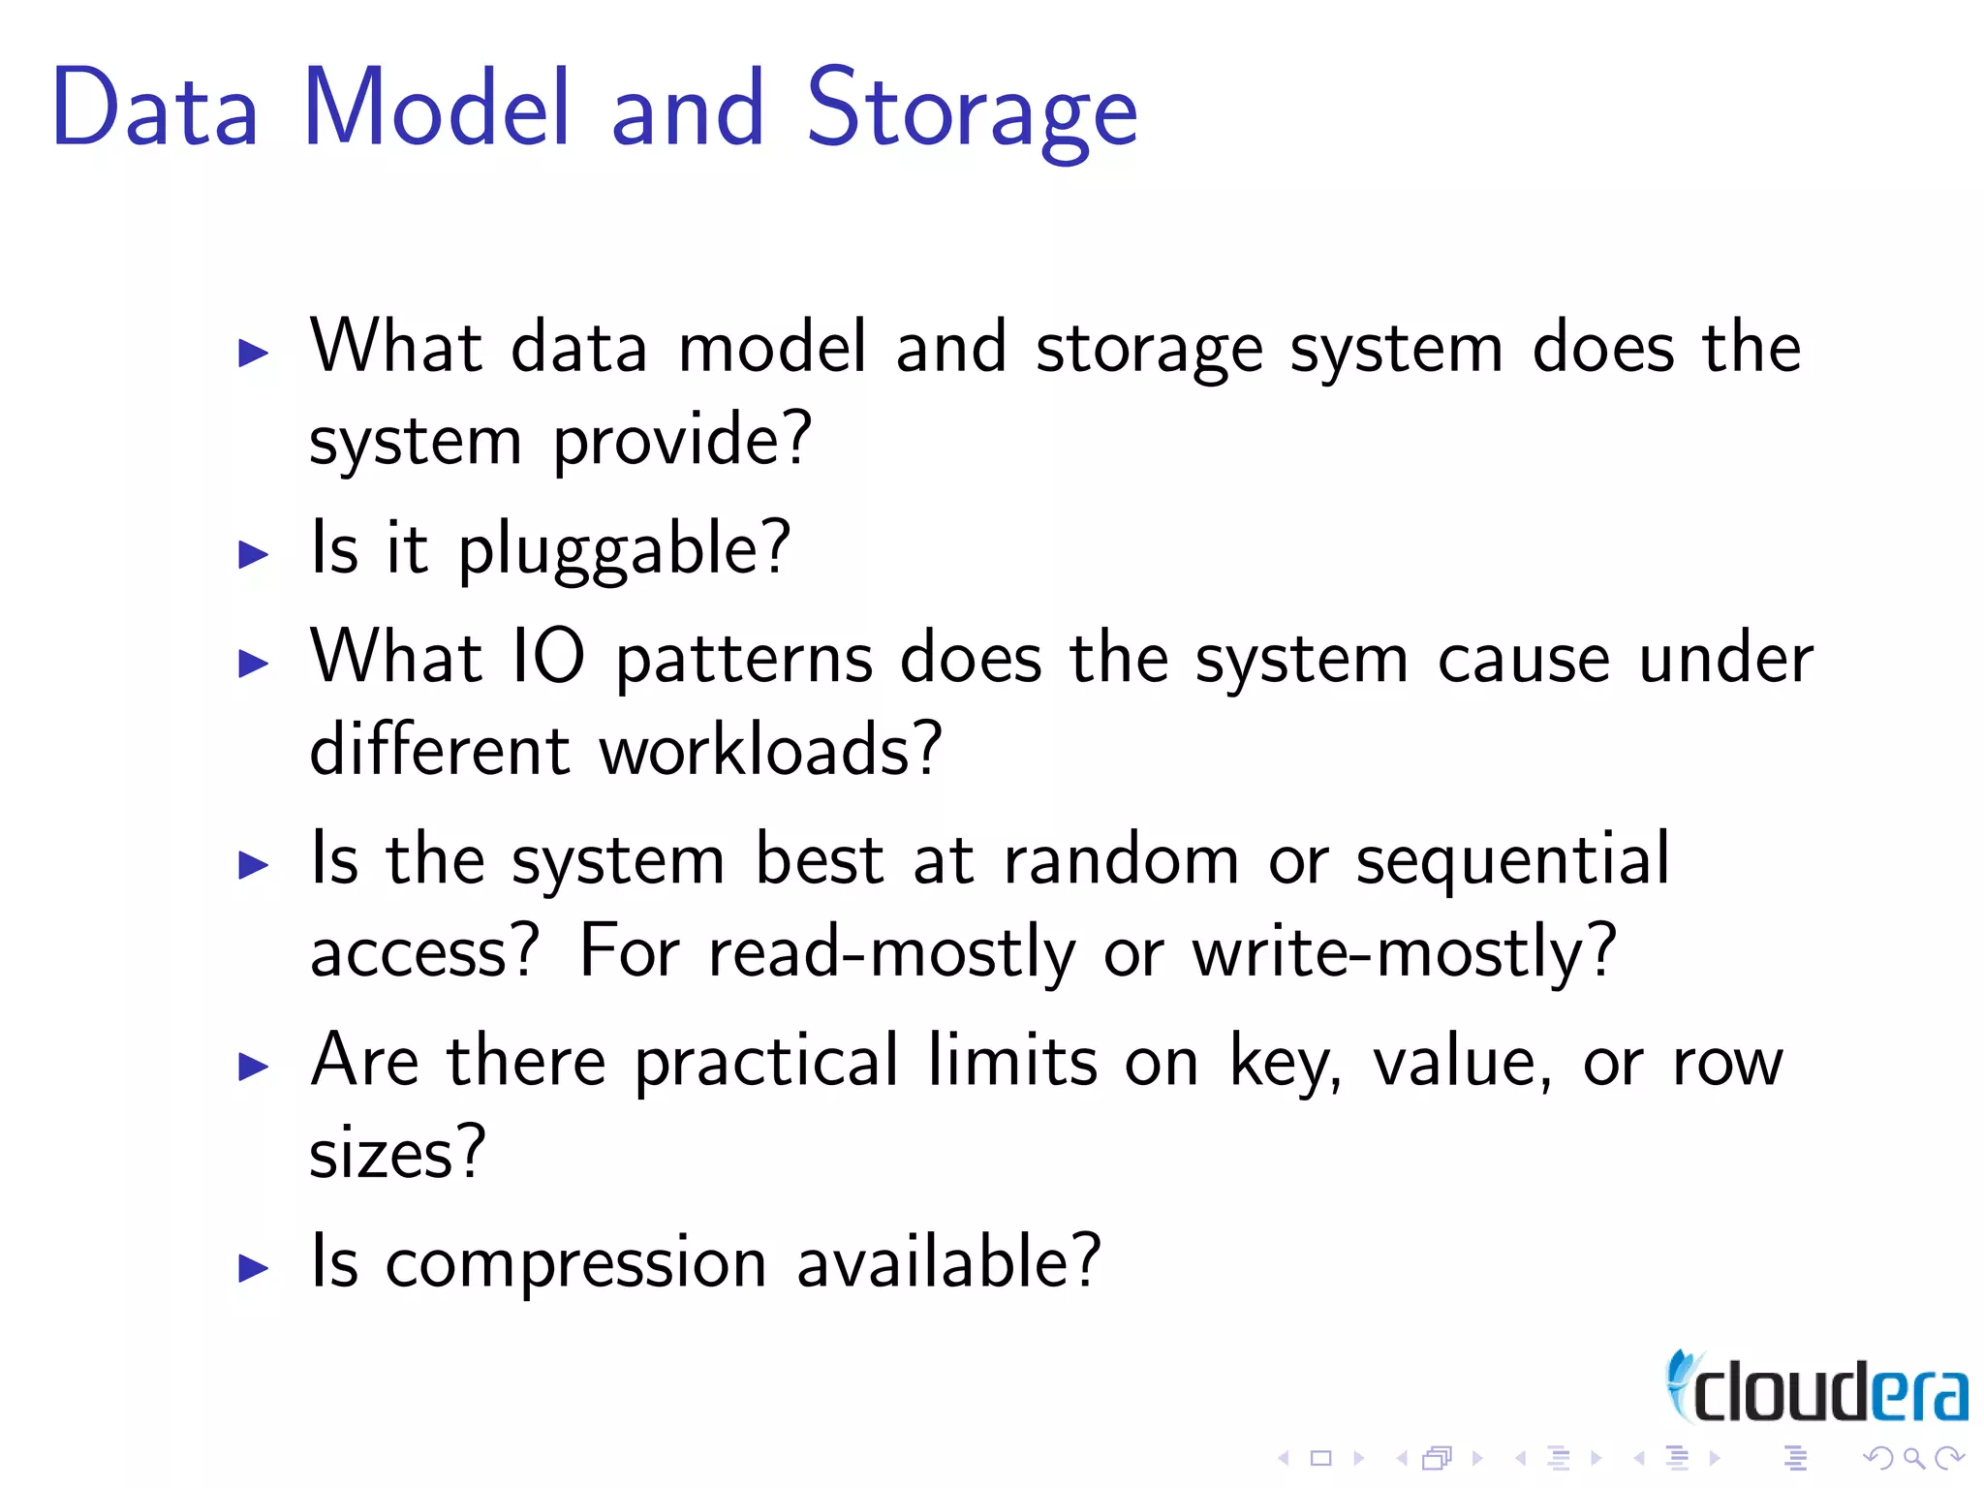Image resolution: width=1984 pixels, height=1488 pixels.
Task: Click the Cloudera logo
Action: click(x=1816, y=1388)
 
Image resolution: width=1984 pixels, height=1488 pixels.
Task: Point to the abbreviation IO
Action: click(x=547, y=657)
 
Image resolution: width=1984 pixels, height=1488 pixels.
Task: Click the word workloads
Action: click(x=770, y=750)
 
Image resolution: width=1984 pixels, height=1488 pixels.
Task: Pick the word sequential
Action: click(x=1512, y=861)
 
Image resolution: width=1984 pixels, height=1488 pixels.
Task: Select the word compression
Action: click(x=576, y=1263)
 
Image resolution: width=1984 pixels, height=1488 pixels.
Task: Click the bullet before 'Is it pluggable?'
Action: click(x=253, y=554)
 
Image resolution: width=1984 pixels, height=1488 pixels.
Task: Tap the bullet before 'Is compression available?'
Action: click(x=253, y=1267)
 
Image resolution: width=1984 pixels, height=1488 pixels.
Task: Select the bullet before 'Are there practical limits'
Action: click(x=253, y=1067)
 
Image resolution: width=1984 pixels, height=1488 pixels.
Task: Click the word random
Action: click(x=1121, y=860)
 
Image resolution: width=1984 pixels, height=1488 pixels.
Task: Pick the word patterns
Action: click(x=744, y=660)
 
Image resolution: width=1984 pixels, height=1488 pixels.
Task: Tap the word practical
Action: click(x=766, y=1063)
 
